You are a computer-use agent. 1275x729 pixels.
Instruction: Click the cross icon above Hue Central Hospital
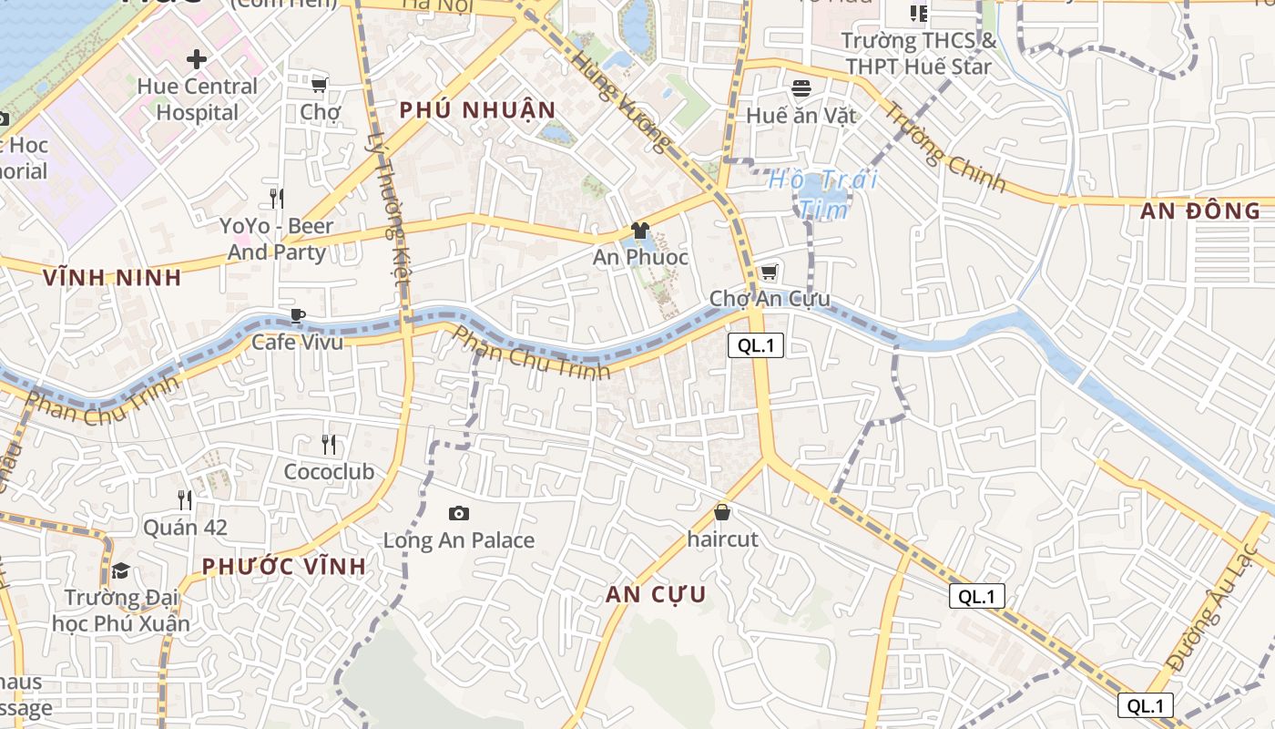tap(196, 60)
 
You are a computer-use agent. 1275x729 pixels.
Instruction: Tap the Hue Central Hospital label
tap(198, 99)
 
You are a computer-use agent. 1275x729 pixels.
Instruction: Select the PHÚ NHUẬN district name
tap(477, 110)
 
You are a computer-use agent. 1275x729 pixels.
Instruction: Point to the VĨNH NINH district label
tap(112, 278)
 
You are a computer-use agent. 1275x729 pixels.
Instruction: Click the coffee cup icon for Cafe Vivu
tap(297, 316)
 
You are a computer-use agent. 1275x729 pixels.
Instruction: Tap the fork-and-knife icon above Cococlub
tap(329, 445)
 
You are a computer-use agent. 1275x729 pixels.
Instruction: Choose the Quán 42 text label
tap(185, 528)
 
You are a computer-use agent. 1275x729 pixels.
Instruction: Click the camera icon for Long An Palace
tap(459, 514)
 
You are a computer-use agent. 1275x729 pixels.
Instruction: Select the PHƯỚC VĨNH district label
tap(284, 566)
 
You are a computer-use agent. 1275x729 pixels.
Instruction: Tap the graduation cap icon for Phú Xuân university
tap(120, 571)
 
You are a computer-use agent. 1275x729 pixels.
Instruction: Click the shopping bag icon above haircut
tap(722, 513)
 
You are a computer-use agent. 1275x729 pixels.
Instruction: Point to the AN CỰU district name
tap(656, 595)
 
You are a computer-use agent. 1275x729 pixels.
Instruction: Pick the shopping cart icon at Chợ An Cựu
tap(769, 272)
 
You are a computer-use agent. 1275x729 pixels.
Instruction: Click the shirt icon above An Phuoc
tap(640, 231)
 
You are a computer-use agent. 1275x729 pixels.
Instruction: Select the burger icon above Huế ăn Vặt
tap(801, 88)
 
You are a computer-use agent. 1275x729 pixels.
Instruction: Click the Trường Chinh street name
tap(946, 149)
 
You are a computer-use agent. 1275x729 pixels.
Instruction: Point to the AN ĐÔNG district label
tap(1200, 211)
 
